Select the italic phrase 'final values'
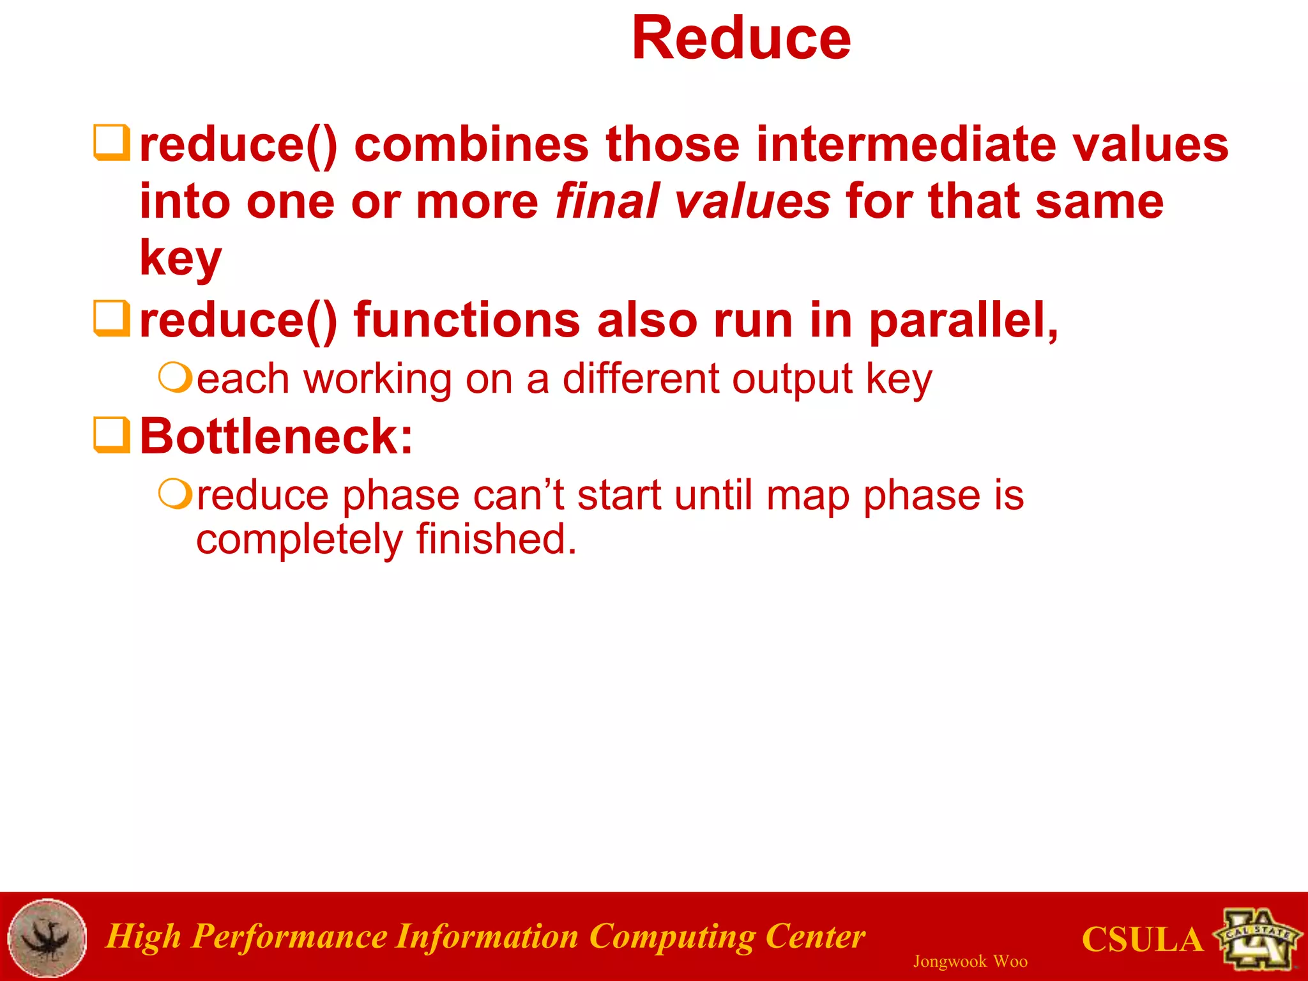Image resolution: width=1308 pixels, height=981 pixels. click(692, 202)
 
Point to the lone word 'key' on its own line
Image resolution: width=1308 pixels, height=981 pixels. click(181, 259)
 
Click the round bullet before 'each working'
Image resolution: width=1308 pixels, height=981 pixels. click(174, 378)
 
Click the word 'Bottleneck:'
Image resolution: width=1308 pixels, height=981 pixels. click(276, 437)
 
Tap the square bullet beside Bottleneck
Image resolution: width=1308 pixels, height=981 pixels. click(112, 435)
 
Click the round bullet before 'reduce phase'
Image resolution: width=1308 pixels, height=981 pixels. click(174, 494)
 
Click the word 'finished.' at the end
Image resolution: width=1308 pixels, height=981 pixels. click(496, 539)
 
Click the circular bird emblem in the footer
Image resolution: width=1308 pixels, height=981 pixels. click(47, 937)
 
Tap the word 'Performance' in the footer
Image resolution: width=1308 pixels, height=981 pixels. click(289, 937)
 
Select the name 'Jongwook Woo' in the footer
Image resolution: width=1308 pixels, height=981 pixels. click(970, 961)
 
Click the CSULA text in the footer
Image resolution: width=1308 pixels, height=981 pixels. click(1142, 940)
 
